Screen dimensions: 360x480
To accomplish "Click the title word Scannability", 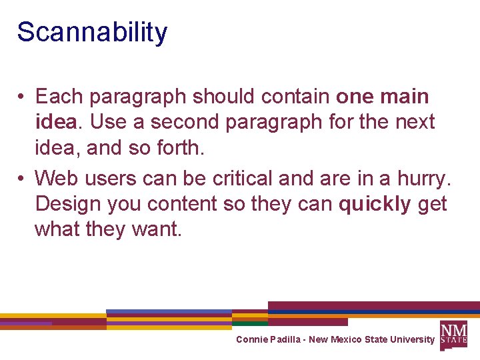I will (92, 32).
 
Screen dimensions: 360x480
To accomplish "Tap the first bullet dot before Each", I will (22, 97).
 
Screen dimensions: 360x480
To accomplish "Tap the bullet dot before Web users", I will (22, 179).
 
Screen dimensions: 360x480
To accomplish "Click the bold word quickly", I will (375, 203).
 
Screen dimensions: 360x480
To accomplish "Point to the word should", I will (223, 97).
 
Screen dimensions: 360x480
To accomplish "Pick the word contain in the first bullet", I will (295, 97).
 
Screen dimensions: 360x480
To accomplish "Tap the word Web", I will (55, 178).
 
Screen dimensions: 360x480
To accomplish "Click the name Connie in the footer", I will (251, 339).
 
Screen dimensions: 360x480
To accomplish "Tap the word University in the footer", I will (412, 339).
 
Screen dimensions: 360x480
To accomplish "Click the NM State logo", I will (453, 334).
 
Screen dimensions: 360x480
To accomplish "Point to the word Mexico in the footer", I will (347, 339).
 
